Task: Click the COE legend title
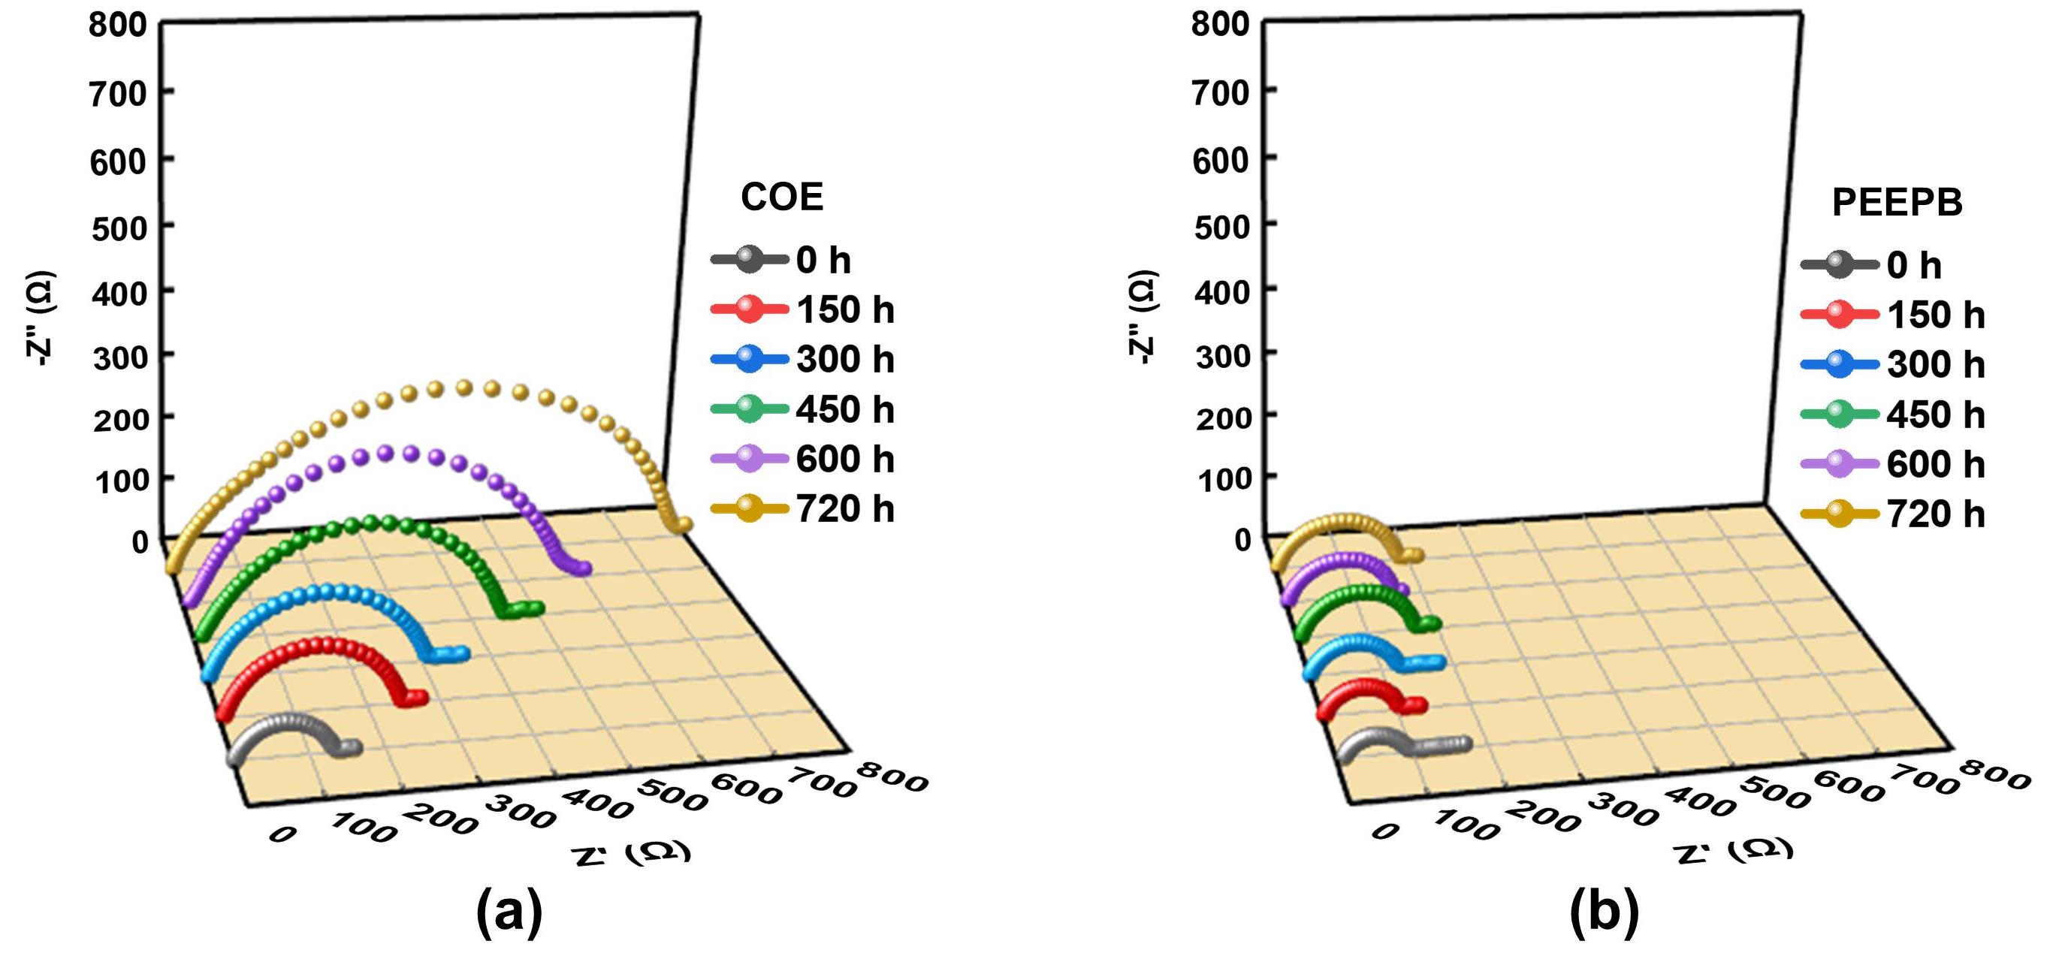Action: (782, 197)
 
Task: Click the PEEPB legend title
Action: (1897, 203)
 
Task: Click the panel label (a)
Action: (509, 912)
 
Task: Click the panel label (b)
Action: (1605, 912)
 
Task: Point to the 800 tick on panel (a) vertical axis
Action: (118, 25)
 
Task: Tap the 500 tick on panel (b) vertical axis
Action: (1221, 227)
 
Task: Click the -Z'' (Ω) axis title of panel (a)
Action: (40, 318)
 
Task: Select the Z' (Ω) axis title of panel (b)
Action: (1734, 850)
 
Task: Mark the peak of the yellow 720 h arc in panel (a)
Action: (463, 388)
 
